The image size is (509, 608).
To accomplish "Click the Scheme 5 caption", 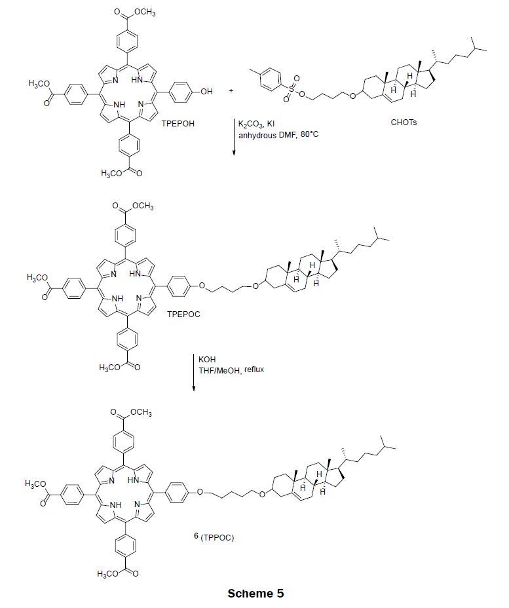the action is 255,594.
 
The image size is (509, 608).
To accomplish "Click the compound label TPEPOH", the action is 178,124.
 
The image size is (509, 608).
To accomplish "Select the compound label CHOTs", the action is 404,123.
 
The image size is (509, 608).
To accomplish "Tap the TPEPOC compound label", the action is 184,314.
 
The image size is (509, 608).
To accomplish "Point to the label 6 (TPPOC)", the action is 214,537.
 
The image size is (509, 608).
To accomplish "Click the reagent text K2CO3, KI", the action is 256,124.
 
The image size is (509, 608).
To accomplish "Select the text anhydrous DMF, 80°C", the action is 278,135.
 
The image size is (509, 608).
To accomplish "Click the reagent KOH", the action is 207,360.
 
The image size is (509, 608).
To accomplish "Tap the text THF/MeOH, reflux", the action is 231,370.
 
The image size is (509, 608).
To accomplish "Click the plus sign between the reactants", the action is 231,91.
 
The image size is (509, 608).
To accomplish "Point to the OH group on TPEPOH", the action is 206,92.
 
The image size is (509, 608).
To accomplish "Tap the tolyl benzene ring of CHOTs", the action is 269,78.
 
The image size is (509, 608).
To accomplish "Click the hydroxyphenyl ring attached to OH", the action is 181,92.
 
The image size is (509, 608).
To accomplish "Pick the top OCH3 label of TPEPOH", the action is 145,12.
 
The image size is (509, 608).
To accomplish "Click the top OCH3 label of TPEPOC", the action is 143,206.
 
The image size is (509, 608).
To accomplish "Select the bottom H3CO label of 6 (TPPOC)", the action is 107,574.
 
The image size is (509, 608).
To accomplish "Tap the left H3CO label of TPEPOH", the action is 39,83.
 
